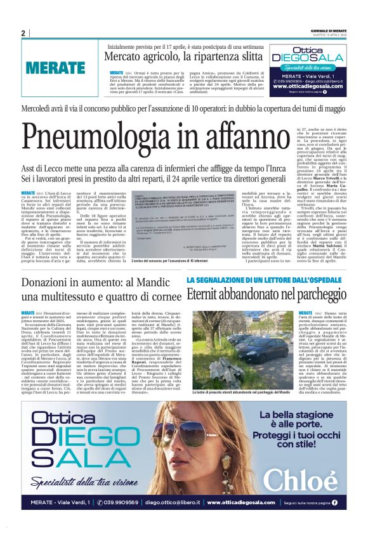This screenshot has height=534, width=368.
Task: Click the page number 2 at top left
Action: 23,34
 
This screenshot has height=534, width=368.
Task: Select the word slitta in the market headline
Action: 247,57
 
